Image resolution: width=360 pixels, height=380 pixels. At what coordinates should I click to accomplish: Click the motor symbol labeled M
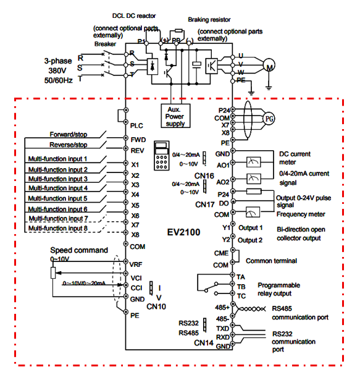pos(269,65)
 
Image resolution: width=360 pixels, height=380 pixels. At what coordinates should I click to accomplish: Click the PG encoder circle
pos(269,119)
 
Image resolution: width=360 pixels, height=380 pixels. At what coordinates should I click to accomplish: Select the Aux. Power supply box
pos(175,116)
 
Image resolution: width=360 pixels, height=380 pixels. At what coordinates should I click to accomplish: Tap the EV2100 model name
pos(183,232)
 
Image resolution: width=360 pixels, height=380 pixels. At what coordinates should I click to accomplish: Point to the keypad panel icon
pos(161,156)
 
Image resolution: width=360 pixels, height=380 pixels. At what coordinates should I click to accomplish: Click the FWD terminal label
pos(138,140)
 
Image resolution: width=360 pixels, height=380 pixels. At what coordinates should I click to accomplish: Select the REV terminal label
pos(137,151)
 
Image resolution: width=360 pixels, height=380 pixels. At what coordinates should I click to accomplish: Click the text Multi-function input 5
pos(57,198)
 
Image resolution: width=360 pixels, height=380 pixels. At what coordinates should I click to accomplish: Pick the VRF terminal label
pos(136,264)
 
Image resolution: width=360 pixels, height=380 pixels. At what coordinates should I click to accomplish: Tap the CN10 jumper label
pos(156,306)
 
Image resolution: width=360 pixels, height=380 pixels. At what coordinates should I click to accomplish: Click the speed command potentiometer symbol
pos(53,272)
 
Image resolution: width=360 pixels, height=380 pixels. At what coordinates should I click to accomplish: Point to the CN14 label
pos(204,343)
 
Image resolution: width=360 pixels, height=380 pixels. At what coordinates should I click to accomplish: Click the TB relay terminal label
pos(241,287)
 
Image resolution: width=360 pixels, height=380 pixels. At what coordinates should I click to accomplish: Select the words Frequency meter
pos(301,214)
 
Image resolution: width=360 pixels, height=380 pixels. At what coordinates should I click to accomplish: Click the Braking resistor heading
pos(209,20)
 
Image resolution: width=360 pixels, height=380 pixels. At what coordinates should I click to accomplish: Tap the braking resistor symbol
pos(179,30)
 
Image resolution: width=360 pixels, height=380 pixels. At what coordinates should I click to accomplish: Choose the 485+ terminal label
pos(222,308)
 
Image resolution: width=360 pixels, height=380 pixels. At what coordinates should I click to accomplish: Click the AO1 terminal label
pos(223,165)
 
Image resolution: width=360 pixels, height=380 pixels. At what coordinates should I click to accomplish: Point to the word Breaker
pos(105,44)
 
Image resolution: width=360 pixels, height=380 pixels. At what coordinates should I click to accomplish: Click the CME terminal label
pos(221,253)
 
